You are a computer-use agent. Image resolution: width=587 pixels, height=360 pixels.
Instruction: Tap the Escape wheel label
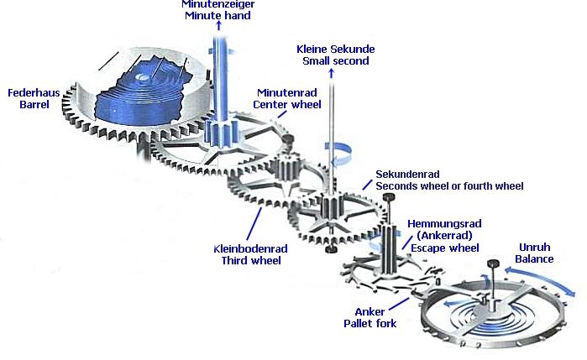[442, 248]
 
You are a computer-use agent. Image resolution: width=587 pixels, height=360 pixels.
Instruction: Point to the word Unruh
[534, 247]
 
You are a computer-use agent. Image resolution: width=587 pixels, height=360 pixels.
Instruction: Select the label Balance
[534, 259]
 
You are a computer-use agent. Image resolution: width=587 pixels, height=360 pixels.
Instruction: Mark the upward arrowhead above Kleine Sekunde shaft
[331, 73]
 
